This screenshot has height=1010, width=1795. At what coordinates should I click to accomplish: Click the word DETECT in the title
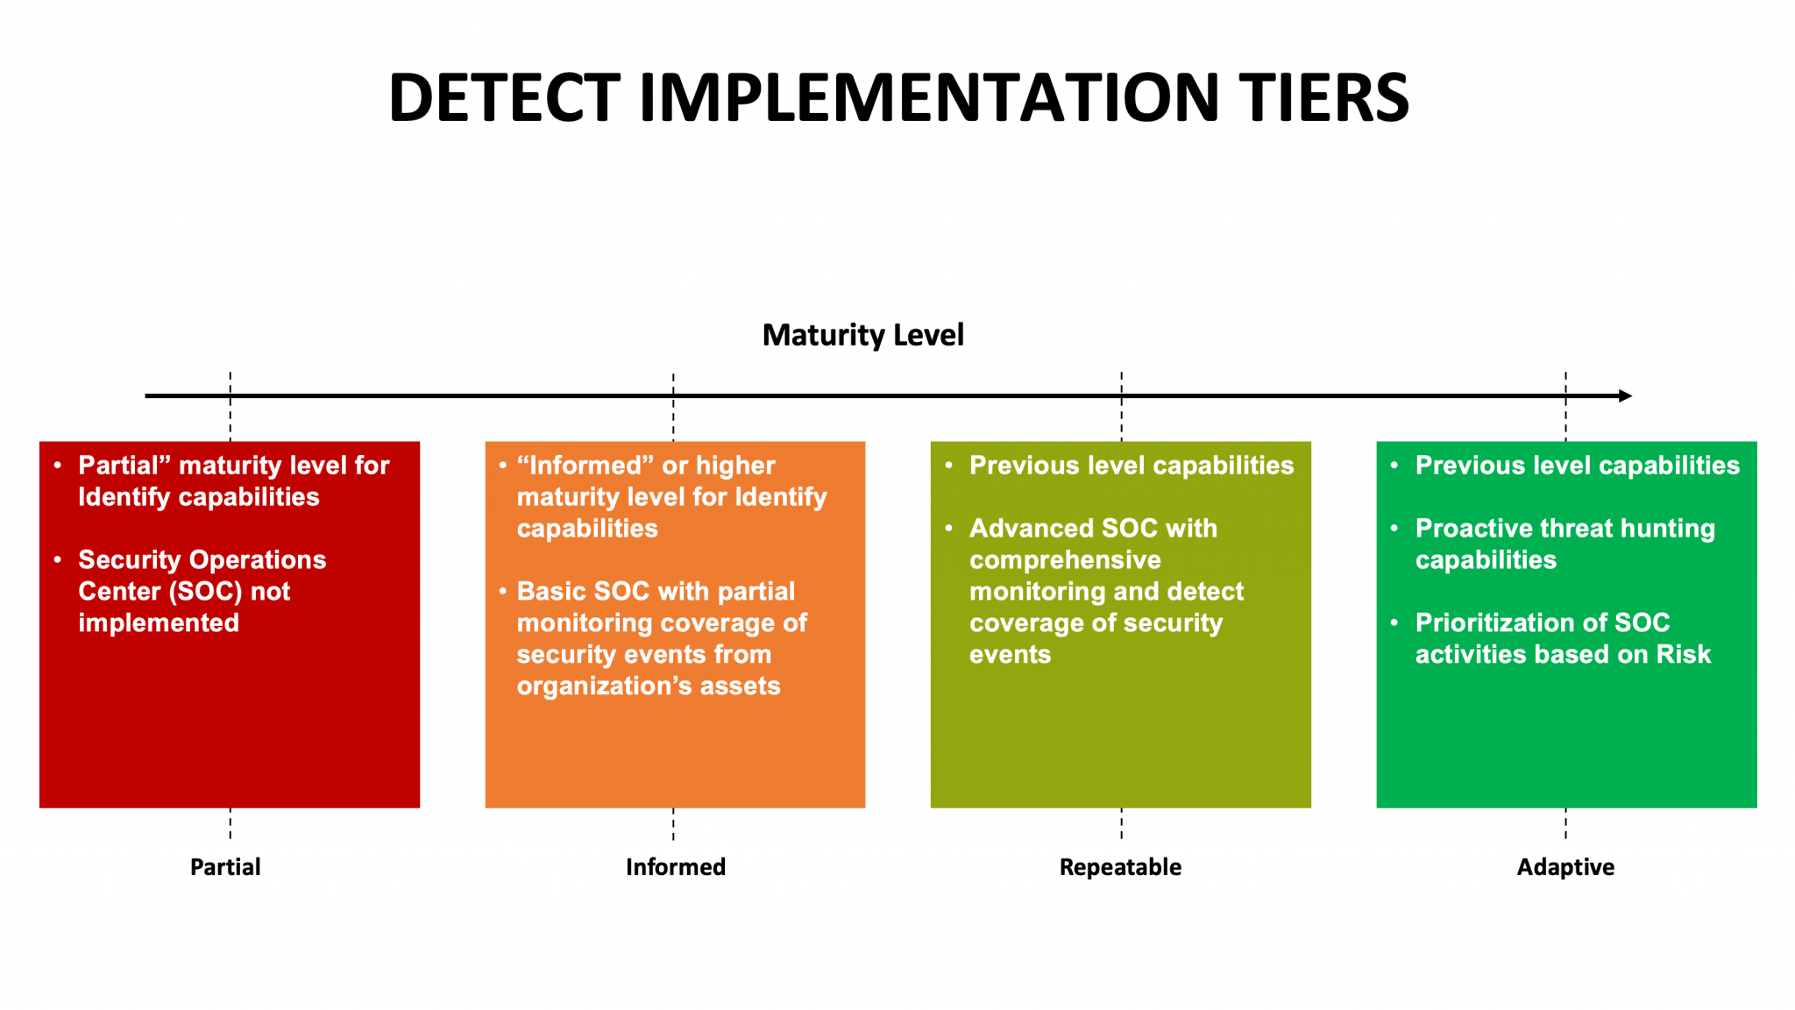pos(505,97)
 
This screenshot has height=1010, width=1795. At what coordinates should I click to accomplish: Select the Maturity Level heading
pos(862,335)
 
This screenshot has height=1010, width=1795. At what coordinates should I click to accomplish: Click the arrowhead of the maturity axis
pos(1625,396)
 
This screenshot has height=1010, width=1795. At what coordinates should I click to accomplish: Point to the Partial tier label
pos(225,867)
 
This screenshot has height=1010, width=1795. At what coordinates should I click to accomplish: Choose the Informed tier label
pos(675,867)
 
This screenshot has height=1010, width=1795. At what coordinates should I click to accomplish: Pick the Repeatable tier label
pos(1120,867)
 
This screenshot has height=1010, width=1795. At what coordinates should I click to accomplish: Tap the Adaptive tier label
pos(1565,867)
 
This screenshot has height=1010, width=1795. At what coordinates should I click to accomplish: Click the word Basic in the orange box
pos(550,592)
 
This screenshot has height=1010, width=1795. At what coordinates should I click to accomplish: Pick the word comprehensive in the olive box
pos(1065,560)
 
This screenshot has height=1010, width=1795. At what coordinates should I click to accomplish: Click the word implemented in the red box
pos(159,623)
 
